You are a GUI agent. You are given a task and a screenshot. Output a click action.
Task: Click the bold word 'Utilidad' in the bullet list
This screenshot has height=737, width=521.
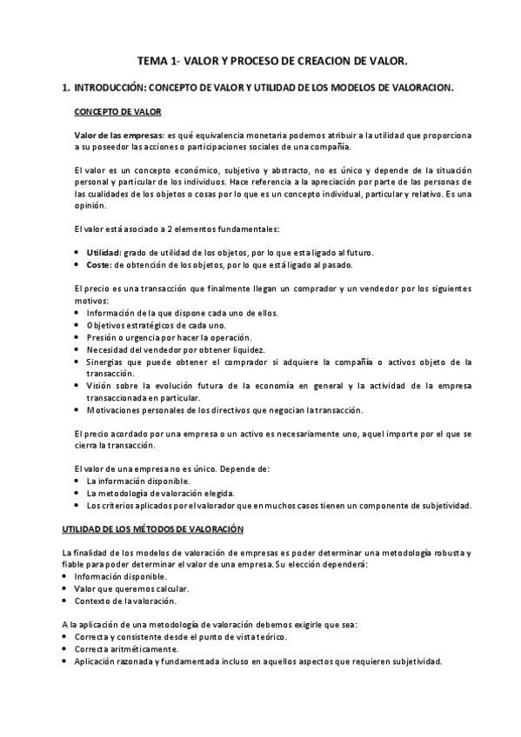[x=103, y=252]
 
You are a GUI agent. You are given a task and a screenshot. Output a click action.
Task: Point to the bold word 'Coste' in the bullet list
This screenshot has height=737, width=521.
[x=97, y=263]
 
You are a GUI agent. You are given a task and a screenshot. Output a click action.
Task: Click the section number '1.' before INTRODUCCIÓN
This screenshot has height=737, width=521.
[x=63, y=89]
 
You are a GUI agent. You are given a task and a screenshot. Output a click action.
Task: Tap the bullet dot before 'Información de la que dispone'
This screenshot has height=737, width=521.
[x=79, y=313]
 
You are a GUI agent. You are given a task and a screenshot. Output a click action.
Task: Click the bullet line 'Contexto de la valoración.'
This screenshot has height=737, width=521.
[x=126, y=601]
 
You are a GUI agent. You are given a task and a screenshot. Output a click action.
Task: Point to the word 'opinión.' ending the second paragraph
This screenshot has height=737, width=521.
[x=90, y=206]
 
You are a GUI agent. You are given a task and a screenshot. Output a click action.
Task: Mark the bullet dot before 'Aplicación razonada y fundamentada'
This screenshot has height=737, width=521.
[x=68, y=661]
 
